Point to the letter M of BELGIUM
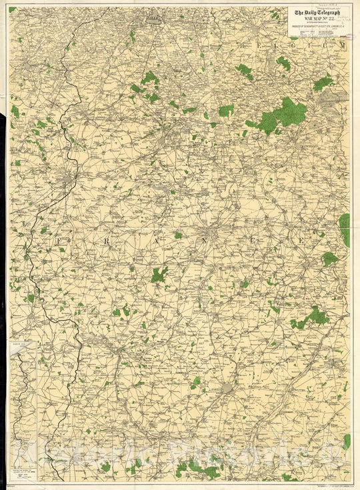point(343,45)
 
